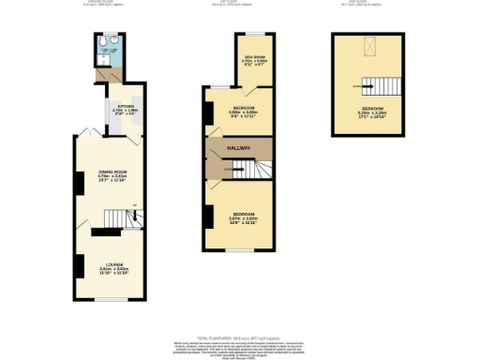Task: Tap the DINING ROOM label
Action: click(x=112, y=175)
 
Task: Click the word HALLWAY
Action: click(x=240, y=148)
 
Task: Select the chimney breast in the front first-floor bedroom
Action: click(x=206, y=216)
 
